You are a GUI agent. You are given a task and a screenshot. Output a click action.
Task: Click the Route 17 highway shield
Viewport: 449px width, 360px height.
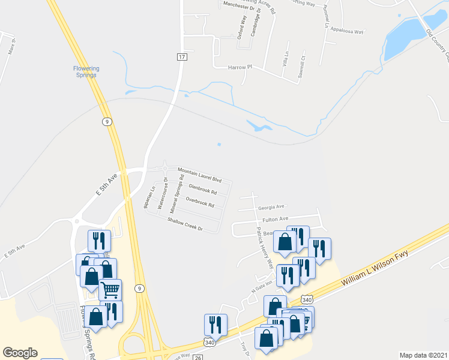click(x=182, y=56)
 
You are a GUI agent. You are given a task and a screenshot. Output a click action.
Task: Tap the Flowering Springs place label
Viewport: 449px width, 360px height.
click(x=86, y=72)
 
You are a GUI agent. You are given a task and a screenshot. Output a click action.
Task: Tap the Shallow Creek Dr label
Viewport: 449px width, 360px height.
click(x=185, y=224)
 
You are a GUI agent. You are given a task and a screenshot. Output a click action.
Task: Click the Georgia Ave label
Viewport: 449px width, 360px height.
click(x=271, y=207)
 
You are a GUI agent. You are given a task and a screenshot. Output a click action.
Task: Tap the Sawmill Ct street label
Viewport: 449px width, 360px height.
click(x=304, y=65)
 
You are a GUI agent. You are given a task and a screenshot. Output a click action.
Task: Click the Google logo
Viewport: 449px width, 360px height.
click(x=20, y=353)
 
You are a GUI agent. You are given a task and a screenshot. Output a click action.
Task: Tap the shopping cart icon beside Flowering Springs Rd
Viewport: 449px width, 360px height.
click(x=110, y=290)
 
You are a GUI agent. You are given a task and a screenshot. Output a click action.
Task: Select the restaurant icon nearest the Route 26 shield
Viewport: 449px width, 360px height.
click(x=215, y=324)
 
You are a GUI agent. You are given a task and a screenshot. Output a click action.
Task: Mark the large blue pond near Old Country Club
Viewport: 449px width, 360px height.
click(x=403, y=37)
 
